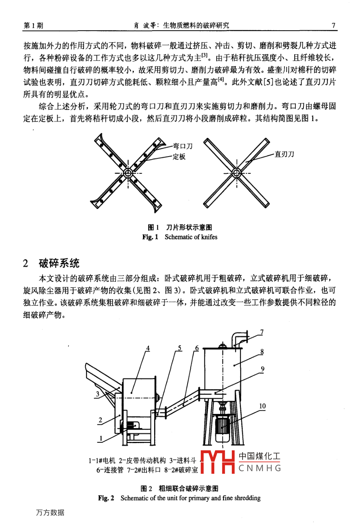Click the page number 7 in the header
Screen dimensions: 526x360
(x=334, y=26)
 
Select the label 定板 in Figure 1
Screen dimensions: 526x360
(x=179, y=157)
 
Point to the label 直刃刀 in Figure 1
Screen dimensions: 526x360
(x=284, y=154)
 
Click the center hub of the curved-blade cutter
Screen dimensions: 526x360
(x=128, y=173)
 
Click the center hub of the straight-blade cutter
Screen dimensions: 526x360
(x=237, y=173)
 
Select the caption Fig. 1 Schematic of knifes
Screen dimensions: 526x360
(x=180, y=237)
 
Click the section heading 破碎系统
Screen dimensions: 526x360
(x=59, y=263)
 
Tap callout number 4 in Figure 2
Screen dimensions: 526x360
(x=148, y=348)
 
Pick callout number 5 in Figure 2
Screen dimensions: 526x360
(x=180, y=348)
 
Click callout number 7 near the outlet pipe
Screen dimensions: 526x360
(x=262, y=332)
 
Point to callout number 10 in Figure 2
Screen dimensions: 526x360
(x=262, y=406)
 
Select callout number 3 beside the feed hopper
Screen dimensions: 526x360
(x=97, y=394)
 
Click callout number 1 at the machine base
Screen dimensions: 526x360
(x=101, y=438)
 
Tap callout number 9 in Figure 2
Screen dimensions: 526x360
(x=262, y=369)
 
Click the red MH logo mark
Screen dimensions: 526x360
(x=217, y=462)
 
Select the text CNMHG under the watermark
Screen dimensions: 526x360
(x=260, y=468)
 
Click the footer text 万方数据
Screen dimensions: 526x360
(x=50, y=513)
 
